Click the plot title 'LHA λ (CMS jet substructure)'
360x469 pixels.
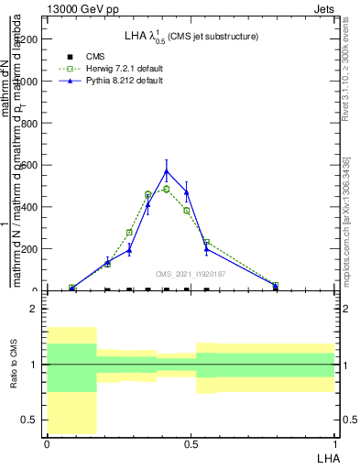click(x=191, y=37)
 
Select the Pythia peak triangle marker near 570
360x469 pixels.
click(x=166, y=171)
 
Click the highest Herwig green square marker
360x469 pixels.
click(x=166, y=189)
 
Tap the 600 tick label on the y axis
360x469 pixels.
click(x=30, y=166)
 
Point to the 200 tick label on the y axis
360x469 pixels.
click(x=30, y=249)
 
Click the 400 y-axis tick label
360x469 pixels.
click(x=30, y=208)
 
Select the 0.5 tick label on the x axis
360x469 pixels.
click(x=191, y=444)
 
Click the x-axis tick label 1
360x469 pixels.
click(x=334, y=444)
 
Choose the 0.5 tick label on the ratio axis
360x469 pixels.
click(x=30, y=420)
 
